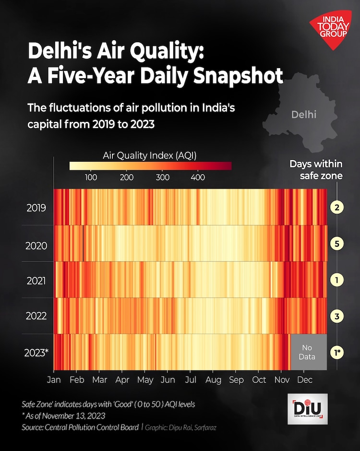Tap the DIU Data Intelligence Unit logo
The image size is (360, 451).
308,409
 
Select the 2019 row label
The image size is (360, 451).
36,208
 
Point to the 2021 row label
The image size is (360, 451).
36,280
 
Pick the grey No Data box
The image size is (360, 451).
308,352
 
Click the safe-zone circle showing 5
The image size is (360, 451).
336,244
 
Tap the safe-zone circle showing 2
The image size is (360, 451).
336,208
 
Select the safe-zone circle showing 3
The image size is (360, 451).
336,316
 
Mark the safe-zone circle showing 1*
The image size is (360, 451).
337,353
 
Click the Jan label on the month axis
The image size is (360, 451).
54,380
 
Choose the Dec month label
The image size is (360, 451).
304,380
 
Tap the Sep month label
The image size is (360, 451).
236,380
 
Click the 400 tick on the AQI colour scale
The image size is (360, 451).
198,178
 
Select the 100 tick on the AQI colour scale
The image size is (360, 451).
91,178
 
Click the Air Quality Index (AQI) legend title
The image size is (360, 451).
150,155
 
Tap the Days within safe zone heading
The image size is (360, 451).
316,170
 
